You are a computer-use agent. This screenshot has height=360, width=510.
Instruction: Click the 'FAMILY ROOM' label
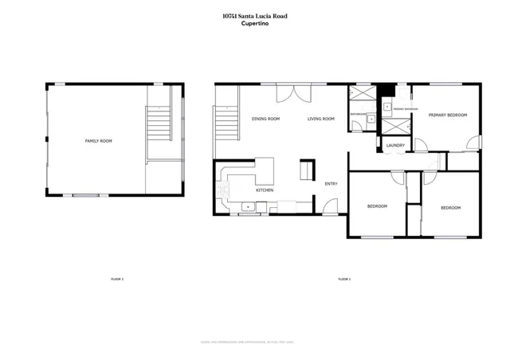(x=99, y=141)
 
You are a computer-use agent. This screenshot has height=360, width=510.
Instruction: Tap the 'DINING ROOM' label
(x=265, y=119)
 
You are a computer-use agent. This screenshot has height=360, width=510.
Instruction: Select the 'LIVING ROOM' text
(x=322, y=119)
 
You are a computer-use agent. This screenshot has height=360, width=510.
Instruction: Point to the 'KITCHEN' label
(x=265, y=190)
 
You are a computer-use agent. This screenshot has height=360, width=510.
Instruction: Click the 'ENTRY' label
(x=331, y=184)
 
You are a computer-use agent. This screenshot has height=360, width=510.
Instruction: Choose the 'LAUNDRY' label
(x=395, y=145)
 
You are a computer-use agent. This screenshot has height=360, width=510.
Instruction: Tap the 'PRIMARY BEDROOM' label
(x=447, y=115)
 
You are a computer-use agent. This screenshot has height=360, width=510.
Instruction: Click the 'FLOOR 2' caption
(x=117, y=279)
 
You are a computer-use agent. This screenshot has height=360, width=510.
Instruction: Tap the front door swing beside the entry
(x=329, y=209)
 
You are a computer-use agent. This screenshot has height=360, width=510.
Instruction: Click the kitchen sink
(x=249, y=207)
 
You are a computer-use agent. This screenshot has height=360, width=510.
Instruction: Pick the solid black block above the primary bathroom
(x=386, y=90)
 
